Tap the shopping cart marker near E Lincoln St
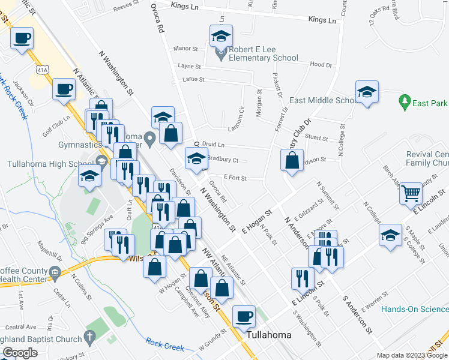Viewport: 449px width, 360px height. click(411, 193)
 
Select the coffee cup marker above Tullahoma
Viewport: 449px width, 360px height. click(244, 316)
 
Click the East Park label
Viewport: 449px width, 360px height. click(430, 103)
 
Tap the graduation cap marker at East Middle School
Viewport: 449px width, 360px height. click(367, 92)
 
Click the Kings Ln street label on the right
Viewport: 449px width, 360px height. click(322, 20)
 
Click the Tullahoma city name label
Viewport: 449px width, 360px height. click(269, 335)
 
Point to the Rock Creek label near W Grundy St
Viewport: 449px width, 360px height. click(166, 344)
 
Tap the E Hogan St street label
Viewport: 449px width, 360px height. click(257, 222)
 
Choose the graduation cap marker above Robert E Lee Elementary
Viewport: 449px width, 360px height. click(221, 35)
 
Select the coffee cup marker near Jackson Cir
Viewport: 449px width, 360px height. click(64, 91)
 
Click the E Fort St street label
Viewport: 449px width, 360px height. click(235, 177)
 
